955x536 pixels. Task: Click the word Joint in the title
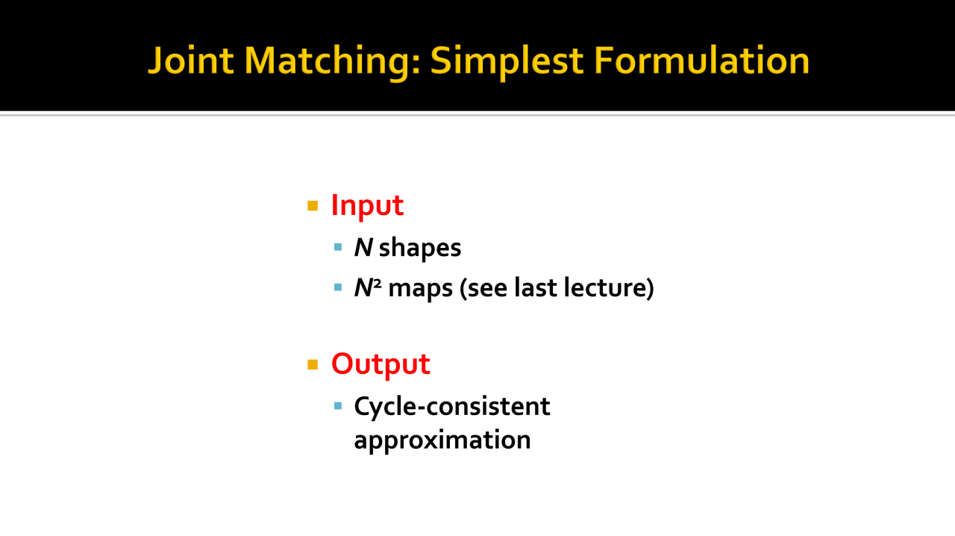coord(190,60)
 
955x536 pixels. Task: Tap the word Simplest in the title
coord(507,62)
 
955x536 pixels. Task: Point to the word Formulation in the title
coord(701,60)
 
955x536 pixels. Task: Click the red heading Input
coord(367,206)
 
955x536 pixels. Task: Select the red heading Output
coord(381,365)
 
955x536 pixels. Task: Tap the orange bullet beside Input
coord(313,206)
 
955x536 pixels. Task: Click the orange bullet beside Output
coord(313,364)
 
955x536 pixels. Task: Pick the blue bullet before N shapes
coord(338,247)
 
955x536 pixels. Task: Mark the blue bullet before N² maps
coord(338,287)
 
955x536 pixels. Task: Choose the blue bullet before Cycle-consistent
coord(338,406)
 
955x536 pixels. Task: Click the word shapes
coord(420,249)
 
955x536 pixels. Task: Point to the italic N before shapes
coord(363,247)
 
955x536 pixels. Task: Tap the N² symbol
coord(368,287)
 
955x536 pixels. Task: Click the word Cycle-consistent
coord(452,407)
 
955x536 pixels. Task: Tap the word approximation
coord(442,440)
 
